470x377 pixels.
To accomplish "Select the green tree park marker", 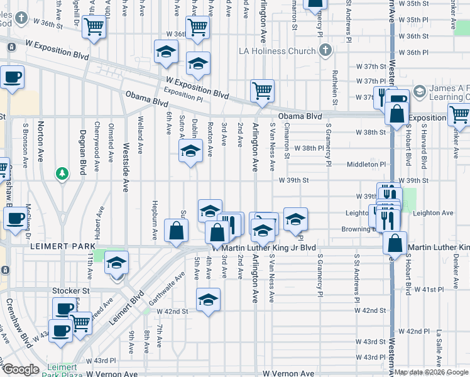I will [x=62, y=173].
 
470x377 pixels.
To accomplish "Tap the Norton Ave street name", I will [x=41, y=141].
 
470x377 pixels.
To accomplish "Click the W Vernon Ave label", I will [x=288, y=373].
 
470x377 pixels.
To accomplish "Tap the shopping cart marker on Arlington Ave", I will [x=262, y=90].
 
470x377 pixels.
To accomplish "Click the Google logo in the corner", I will [x=21, y=369].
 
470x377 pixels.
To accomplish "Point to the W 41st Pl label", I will [x=431, y=290].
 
